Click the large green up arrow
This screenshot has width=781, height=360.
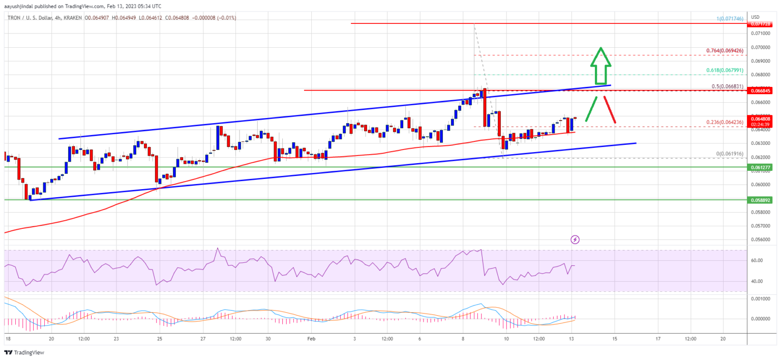coord(600,66)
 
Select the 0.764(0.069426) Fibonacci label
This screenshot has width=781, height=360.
coord(725,51)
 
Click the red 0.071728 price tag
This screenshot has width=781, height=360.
coord(761,24)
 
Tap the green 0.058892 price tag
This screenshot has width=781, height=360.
coord(761,200)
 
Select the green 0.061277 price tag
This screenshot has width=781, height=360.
coord(761,167)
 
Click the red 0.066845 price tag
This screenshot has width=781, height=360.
coord(761,91)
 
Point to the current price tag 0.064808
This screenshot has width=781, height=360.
coord(761,119)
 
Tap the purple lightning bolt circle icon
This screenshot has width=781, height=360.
coord(575,239)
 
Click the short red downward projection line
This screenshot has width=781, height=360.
coord(610,109)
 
